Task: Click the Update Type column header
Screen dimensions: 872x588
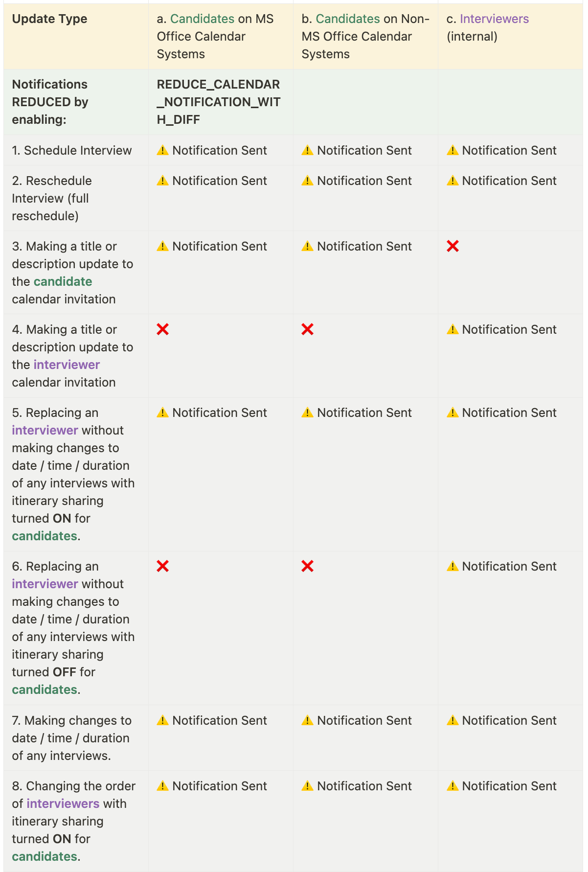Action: (x=49, y=19)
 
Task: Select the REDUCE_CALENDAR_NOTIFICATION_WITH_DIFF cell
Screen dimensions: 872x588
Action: (x=218, y=102)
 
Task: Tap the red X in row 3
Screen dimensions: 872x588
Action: (x=452, y=246)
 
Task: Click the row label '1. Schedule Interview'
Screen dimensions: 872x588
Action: (x=72, y=150)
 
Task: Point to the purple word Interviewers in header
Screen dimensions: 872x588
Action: (x=494, y=19)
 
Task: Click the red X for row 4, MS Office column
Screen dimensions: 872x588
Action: (x=163, y=329)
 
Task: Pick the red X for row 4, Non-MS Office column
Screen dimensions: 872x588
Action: (x=308, y=329)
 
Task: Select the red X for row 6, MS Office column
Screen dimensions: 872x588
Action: (x=163, y=566)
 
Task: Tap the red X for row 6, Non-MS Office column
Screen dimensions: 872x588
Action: (x=308, y=566)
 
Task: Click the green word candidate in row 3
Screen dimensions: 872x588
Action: (x=63, y=281)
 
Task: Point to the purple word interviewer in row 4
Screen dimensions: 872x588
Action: (x=67, y=365)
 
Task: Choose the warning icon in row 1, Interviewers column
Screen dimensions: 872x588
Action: (x=452, y=150)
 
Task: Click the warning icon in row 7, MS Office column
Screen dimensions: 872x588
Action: (x=162, y=720)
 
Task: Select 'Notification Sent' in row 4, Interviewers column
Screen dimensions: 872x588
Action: (x=509, y=329)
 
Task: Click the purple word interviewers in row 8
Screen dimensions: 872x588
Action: (x=63, y=803)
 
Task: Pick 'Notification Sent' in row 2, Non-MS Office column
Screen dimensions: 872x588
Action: (x=364, y=181)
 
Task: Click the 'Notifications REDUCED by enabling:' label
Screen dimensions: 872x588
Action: (x=50, y=102)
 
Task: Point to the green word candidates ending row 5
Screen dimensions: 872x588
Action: (x=45, y=536)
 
